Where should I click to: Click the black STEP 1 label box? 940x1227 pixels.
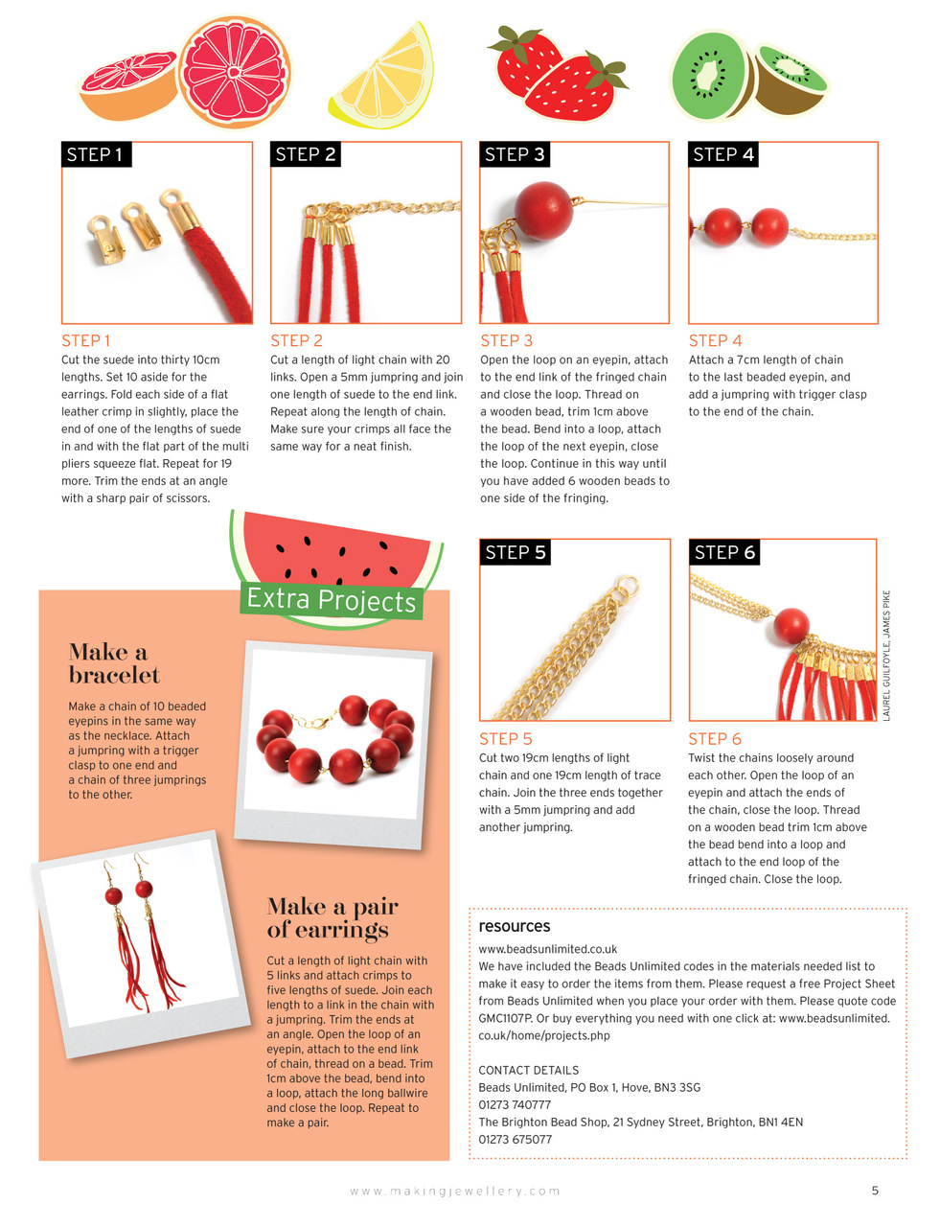(95, 154)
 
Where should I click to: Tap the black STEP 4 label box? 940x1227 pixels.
(723, 154)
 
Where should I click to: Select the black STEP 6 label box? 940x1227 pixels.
(724, 552)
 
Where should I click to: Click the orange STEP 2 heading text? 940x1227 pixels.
(296, 340)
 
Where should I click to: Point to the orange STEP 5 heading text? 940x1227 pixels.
(505, 738)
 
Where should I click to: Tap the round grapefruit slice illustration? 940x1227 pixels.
(234, 72)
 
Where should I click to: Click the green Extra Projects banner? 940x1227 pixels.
(332, 600)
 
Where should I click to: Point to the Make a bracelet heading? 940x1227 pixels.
(114, 663)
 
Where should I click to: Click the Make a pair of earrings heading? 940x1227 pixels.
(332, 917)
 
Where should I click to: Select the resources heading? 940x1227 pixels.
(515, 926)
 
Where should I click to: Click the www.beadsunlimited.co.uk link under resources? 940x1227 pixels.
(547, 949)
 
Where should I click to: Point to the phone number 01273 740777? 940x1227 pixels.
(515, 1104)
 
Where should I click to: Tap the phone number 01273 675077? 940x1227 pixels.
(515, 1139)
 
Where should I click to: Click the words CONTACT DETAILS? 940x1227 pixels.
(528, 1070)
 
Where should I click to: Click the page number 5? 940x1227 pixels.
(875, 1191)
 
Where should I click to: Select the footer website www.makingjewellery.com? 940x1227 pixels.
(455, 1191)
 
